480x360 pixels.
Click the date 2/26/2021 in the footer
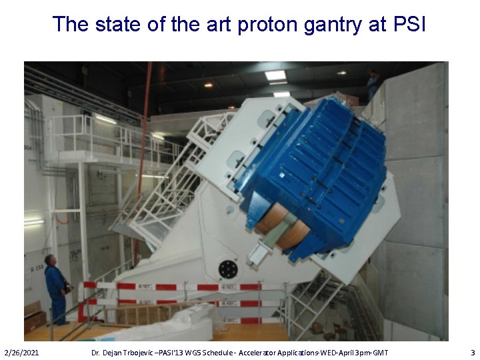[21, 352]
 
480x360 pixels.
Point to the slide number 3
[473, 352]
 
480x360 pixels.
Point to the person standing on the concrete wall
[373, 84]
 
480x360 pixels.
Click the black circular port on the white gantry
[228, 269]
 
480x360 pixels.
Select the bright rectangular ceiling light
[275, 75]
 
